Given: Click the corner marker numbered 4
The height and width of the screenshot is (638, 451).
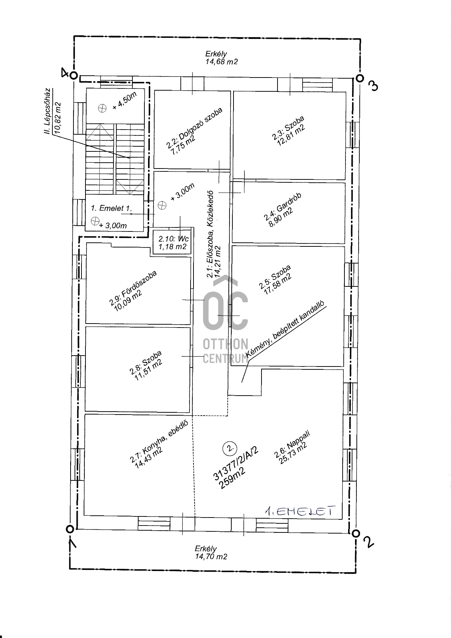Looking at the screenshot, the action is coord(73,75).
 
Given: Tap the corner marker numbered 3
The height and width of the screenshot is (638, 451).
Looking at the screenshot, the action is coord(359,78).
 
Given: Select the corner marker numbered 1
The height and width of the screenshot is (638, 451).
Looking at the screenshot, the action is coord(70,529).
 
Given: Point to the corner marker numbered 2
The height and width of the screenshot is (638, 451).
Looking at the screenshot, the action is coord(355,533).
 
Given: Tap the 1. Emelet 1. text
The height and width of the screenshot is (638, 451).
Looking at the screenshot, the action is coord(111,209).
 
